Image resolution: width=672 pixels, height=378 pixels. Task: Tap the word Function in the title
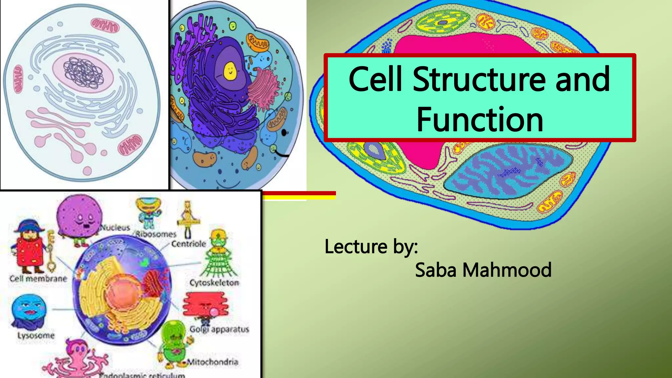480,120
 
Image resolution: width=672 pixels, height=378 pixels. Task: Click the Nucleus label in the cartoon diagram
115,227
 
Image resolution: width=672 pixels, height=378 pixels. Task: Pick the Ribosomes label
156,234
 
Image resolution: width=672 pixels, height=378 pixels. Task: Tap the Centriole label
189,244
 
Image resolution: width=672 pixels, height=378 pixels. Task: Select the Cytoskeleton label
214,283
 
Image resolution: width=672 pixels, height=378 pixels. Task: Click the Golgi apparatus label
219,329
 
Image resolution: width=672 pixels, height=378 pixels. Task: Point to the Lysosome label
36,335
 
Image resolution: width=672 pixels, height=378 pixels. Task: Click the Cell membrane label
38,279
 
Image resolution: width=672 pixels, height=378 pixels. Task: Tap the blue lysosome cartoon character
29,310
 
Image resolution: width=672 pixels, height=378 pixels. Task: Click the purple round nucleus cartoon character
79,217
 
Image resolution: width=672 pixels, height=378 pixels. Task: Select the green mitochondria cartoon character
174,341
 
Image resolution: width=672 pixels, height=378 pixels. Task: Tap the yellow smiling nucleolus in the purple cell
230,71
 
